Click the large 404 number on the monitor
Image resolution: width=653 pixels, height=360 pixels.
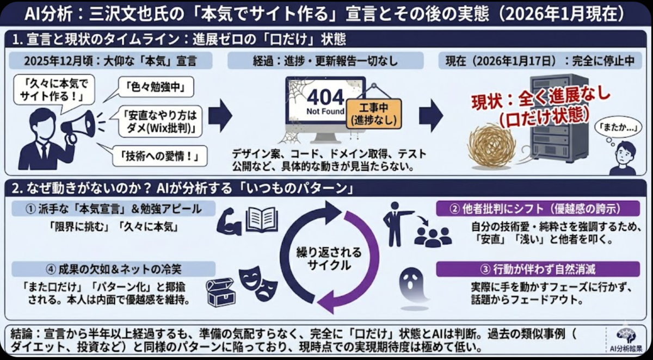325,97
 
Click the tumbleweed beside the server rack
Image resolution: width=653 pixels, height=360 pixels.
492,145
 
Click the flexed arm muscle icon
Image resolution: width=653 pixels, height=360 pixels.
229,221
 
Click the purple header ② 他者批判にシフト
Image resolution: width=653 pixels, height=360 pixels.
538,208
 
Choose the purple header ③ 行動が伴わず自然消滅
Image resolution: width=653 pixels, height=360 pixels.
538,269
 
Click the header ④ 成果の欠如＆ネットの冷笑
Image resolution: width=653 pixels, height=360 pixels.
114,269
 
